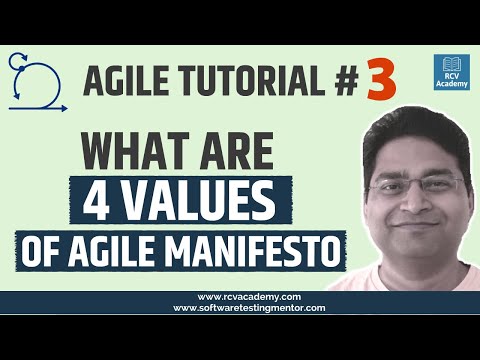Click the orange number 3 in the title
click(x=380, y=84)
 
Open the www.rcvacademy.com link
click(x=240, y=297)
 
